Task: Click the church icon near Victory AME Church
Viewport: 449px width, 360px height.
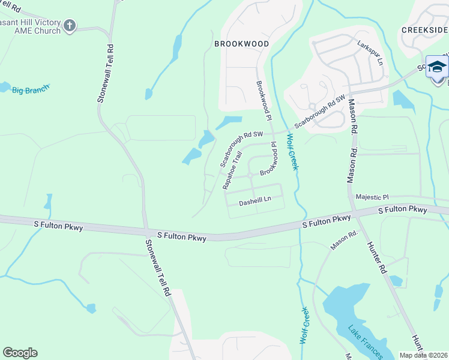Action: (x=70, y=26)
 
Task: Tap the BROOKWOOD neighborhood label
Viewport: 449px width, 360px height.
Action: (x=241, y=44)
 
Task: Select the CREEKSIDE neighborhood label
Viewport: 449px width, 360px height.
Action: (x=424, y=30)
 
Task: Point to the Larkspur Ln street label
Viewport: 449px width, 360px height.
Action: (x=369, y=52)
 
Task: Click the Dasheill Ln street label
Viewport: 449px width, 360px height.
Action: (x=255, y=203)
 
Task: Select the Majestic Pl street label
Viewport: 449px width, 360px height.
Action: (x=372, y=197)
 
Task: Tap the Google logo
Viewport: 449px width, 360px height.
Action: (x=20, y=353)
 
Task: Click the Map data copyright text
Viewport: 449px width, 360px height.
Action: (x=424, y=355)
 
